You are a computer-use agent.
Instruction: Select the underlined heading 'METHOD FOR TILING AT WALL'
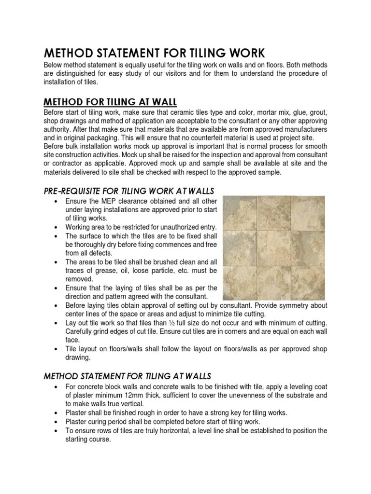[x=111, y=101]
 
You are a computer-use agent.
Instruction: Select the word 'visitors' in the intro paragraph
[x=175, y=73]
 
